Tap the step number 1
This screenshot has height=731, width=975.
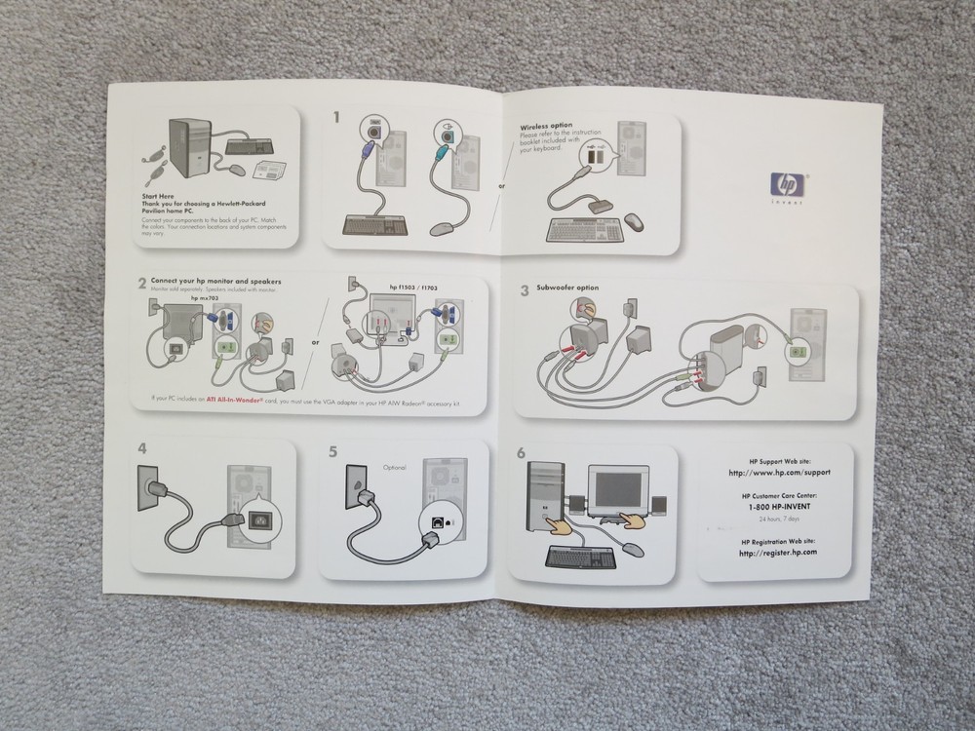tap(337, 118)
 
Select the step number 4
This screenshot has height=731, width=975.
tap(142, 449)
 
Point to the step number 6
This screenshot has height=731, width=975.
tap(521, 452)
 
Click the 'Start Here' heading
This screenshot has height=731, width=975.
tap(159, 196)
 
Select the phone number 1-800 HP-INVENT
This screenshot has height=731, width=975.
tap(777, 507)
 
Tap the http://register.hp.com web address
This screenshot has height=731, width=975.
tap(777, 553)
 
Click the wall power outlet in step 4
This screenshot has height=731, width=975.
tap(151, 492)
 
